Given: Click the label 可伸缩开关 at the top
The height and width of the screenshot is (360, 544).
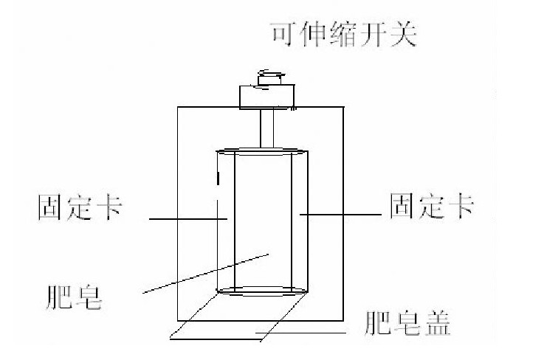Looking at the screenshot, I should [x=344, y=34].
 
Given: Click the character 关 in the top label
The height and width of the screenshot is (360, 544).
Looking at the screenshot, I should [x=405, y=34].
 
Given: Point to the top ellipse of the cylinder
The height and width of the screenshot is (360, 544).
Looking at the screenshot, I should [x=263, y=152].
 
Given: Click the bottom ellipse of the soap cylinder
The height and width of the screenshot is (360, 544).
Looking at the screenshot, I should [x=263, y=291].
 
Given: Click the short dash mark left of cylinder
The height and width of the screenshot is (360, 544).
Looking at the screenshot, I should [x=217, y=179].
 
